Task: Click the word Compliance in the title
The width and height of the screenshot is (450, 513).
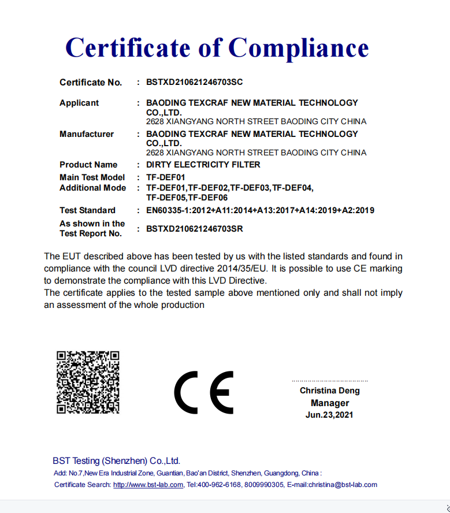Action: click(298, 47)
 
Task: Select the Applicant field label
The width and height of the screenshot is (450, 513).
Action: click(79, 103)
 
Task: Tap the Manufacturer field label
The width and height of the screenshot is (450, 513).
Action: click(87, 134)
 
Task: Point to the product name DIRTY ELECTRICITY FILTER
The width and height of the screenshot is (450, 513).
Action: click(203, 165)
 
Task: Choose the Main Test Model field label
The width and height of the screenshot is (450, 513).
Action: click(92, 177)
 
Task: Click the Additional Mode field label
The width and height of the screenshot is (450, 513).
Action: click(92, 188)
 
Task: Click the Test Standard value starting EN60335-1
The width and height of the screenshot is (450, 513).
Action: click(260, 210)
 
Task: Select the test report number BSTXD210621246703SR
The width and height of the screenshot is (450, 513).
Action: click(194, 229)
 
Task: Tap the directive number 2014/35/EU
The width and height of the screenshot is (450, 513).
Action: click(245, 269)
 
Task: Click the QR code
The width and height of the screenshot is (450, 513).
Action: click(88, 382)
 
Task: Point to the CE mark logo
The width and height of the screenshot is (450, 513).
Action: click(204, 391)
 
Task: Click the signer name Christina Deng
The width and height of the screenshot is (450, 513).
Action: click(329, 391)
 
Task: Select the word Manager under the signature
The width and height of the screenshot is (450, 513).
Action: click(329, 403)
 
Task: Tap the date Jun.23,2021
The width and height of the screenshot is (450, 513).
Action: click(329, 415)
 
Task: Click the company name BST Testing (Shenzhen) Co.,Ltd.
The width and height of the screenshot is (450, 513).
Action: click(116, 461)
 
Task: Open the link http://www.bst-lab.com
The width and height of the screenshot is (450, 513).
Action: click(148, 485)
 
